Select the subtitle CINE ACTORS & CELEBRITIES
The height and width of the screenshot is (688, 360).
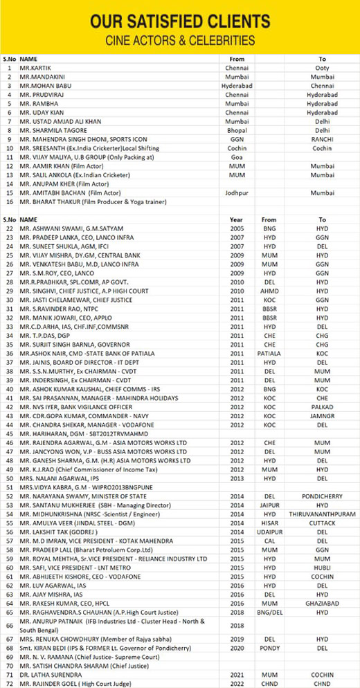179,39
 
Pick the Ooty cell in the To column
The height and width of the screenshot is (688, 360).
322,68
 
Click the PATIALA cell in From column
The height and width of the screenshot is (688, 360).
269,353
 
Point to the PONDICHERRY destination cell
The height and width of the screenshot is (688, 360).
322,496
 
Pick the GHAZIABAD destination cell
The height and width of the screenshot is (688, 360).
322,604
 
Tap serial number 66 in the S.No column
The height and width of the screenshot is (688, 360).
9,626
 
